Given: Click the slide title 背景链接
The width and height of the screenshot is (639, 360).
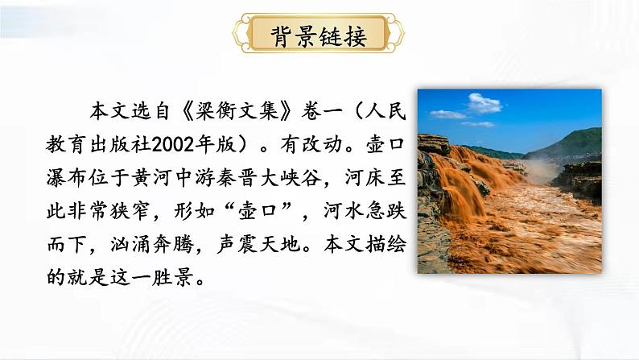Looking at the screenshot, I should tap(319, 35).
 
